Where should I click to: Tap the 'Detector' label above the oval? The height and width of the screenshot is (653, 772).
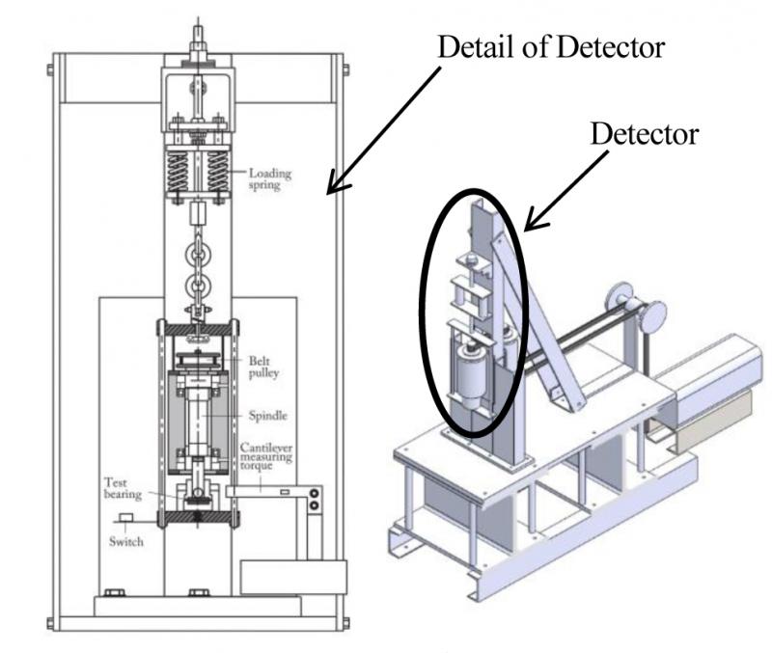click(x=644, y=135)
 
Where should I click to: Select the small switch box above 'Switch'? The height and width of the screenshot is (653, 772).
click(x=125, y=519)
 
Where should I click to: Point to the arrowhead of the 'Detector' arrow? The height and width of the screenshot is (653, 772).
click(x=526, y=228)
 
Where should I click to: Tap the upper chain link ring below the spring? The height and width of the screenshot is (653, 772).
click(x=198, y=258)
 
